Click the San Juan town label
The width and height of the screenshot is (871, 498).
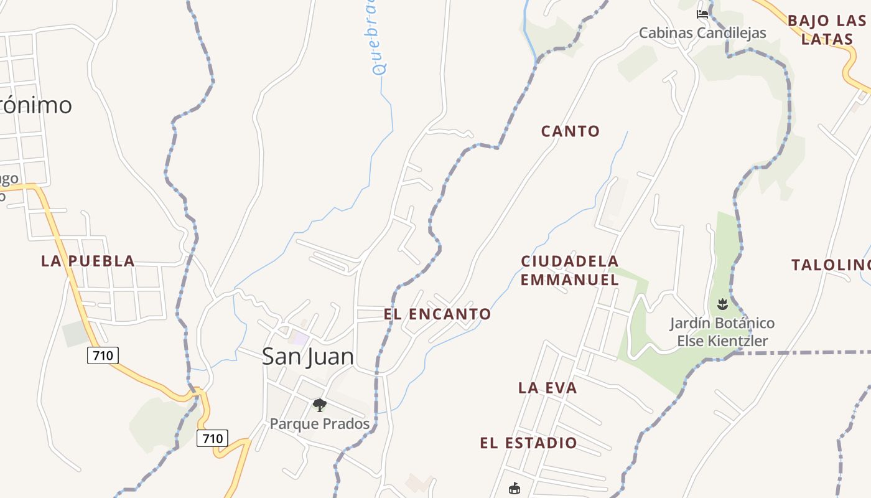pos(308,357)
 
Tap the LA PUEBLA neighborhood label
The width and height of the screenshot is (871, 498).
pos(88,261)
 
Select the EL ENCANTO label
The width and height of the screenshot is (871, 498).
pos(437,314)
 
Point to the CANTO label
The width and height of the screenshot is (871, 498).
pos(571,131)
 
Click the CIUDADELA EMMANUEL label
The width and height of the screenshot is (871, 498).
pos(570,271)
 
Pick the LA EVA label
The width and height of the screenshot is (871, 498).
pos(547,388)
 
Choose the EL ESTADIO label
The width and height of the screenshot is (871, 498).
pos(528,443)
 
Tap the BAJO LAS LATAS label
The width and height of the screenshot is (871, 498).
pos(827,30)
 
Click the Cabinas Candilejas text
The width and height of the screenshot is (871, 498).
pos(702,33)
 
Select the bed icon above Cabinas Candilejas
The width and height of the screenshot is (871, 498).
pos(702,14)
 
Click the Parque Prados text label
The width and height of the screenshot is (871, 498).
pos(319,424)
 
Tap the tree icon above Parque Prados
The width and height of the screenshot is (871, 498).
pos(320,406)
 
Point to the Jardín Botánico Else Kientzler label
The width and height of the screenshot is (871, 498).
pos(722,332)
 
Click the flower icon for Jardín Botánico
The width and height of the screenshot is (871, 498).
pos(722,304)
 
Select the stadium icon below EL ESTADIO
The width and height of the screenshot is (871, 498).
pos(514,489)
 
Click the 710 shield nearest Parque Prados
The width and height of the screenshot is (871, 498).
pos(212,438)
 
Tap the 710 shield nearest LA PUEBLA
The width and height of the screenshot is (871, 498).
pos(102,355)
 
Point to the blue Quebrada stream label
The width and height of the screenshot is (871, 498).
pos(376,37)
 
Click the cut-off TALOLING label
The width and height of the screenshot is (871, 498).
pos(831,265)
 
